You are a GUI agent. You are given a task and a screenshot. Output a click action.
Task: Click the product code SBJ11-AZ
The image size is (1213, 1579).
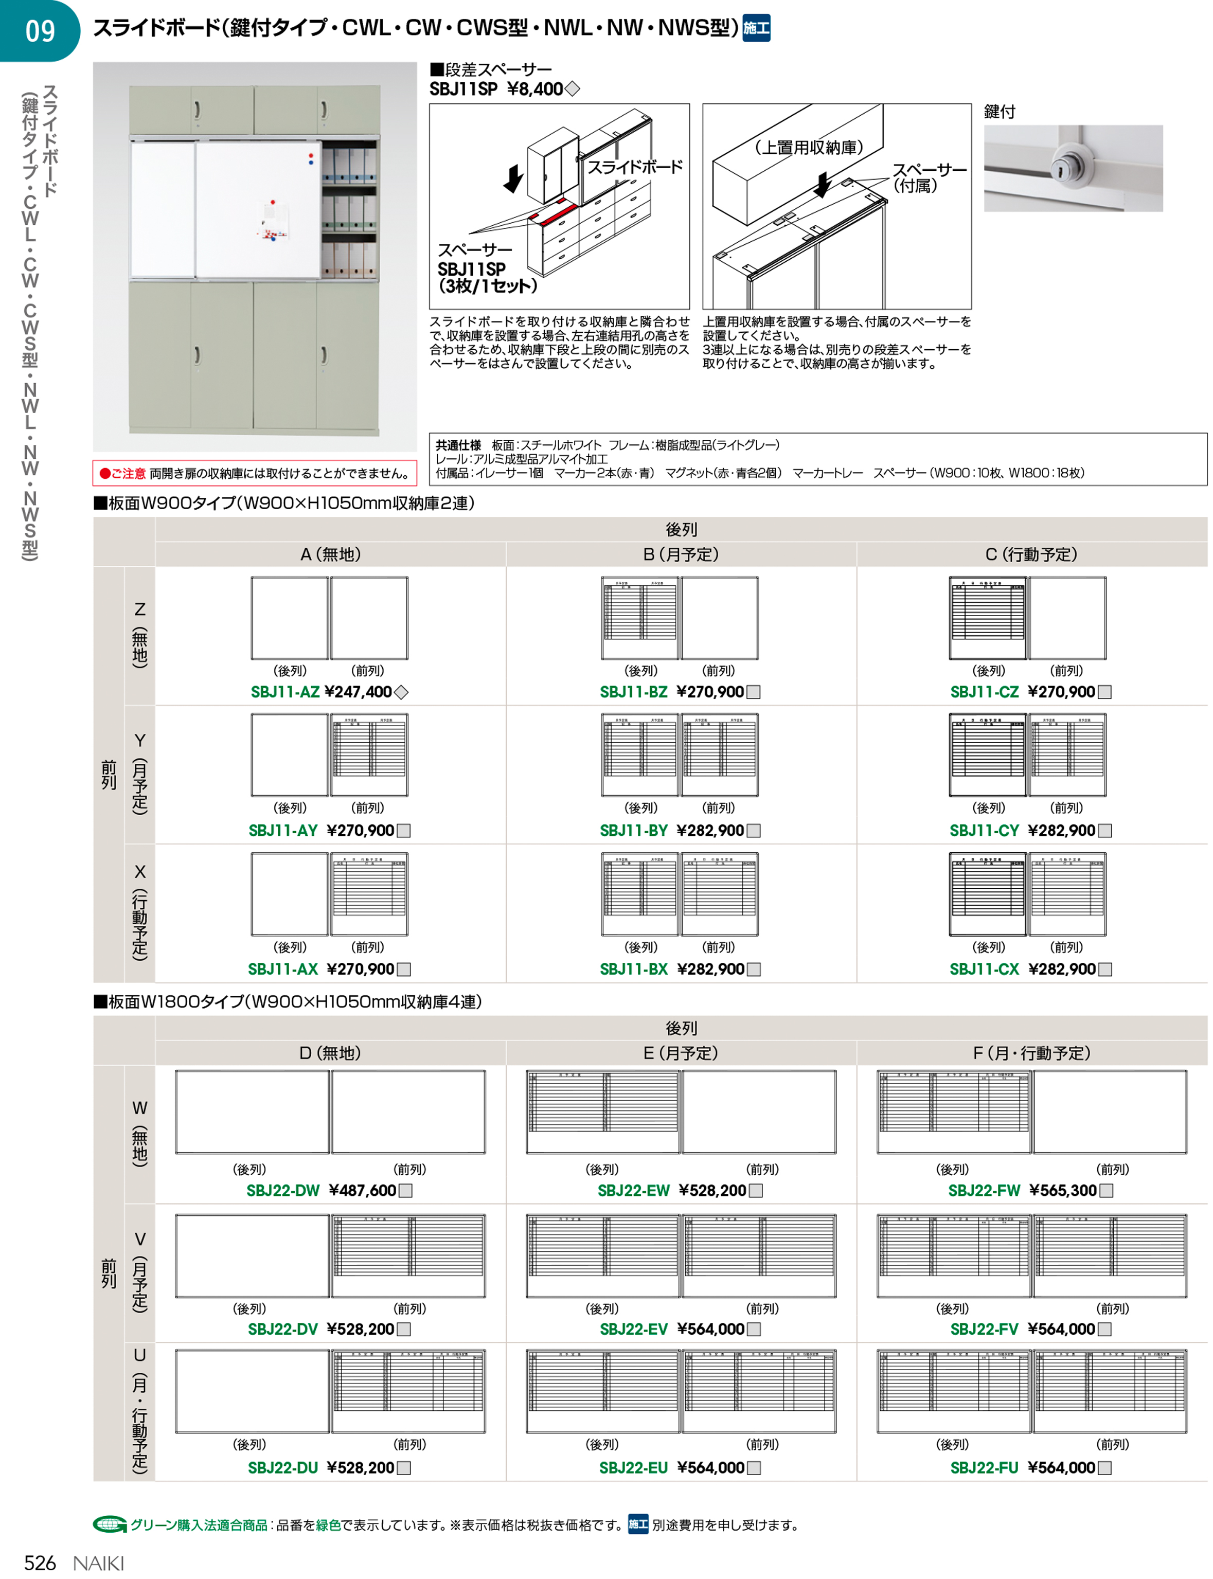284,692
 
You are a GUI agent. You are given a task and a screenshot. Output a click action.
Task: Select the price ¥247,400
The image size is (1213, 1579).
358,692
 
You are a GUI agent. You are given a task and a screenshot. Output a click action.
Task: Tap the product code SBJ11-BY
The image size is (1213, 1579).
633,830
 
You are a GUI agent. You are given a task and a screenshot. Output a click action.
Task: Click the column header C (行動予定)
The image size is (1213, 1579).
1031,554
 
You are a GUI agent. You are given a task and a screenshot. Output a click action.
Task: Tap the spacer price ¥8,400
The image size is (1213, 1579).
535,89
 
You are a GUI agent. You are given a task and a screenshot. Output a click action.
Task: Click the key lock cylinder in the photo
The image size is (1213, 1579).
1061,168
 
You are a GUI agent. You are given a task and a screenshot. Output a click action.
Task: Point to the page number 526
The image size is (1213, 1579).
40,1563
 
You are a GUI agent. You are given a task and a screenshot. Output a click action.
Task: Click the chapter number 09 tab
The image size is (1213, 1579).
40,31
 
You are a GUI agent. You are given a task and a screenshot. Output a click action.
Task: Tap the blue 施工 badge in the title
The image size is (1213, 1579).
756,28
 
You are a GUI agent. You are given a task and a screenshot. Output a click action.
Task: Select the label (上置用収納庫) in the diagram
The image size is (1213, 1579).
809,147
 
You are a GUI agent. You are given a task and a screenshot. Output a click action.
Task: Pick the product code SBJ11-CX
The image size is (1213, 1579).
984,969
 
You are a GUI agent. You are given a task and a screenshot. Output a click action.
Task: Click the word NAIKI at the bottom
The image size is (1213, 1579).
99,1563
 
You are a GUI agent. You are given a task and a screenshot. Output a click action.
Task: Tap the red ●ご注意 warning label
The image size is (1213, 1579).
123,473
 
